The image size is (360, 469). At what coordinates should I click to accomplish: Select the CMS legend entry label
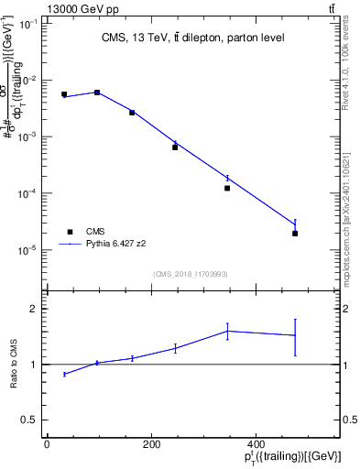coord(95,232)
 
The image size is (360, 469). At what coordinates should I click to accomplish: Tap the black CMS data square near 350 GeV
coord(226,188)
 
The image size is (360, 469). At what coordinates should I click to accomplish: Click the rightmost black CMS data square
coord(295,234)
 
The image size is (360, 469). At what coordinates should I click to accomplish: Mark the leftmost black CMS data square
coord(64,94)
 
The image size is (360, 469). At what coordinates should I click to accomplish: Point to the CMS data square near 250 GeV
coord(175,147)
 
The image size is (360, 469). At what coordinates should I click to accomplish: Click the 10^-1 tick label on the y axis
coord(28,24)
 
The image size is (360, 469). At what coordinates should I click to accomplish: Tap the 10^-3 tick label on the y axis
coord(28,136)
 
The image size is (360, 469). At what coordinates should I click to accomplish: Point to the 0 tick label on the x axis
coord(47,443)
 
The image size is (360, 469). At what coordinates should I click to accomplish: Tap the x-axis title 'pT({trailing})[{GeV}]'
coord(291,457)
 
